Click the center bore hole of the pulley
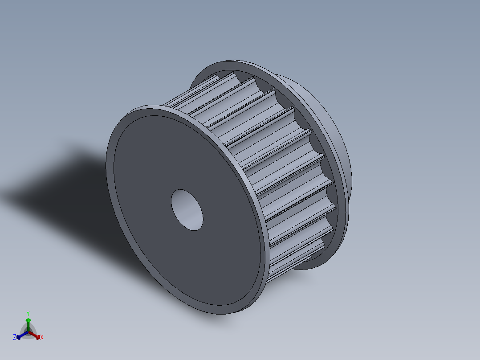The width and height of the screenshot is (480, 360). (187, 210)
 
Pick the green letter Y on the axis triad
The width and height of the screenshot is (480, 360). (28, 313)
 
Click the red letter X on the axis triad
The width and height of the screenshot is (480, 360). (42, 337)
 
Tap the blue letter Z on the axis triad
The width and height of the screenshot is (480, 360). (14, 337)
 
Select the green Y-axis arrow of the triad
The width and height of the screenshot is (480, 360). (28, 325)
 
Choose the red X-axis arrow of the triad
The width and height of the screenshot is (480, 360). (34, 335)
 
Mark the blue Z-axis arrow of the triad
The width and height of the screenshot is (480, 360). (22, 335)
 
